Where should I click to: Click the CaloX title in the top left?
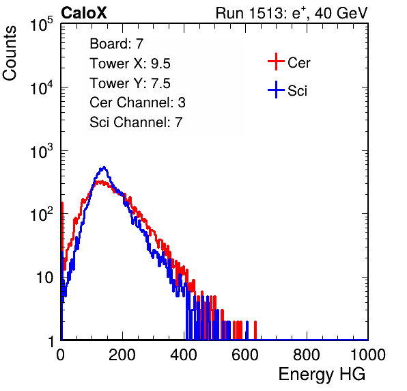point(84,13)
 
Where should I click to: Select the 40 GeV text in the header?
point(341,13)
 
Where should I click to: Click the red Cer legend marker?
point(276,62)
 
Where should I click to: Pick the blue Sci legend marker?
point(276,90)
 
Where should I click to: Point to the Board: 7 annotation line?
point(117,44)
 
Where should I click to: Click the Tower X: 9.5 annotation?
point(130,64)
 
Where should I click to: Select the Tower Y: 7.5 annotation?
point(130,83)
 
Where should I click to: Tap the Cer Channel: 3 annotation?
point(137,103)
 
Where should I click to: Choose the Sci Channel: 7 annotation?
point(136,122)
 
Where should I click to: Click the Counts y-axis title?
point(10,53)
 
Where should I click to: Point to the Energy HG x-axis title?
point(322,375)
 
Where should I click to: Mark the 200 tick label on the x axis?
point(122,355)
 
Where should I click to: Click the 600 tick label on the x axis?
point(245,355)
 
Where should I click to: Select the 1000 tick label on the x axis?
point(368,355)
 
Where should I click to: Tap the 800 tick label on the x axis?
point(307,355)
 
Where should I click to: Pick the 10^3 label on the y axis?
point(42,151)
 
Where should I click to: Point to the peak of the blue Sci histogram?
point(104,167)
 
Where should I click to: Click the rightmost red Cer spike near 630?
point(255,330)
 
